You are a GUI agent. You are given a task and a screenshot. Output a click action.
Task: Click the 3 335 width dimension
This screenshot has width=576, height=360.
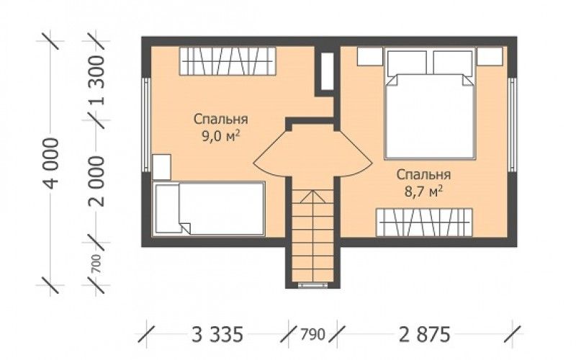[x=217, y=335]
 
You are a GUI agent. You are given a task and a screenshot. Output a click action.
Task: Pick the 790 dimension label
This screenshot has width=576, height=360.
[x=313, y=335]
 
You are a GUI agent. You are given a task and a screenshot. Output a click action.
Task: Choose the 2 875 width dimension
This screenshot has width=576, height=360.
[x=424, y=335]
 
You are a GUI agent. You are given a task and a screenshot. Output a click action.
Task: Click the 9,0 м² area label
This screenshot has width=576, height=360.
[x=220, y=137]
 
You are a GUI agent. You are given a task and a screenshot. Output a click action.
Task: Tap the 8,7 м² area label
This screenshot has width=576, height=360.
[x=423, y=192]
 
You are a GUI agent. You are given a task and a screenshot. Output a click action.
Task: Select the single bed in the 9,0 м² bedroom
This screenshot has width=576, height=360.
[x=209, y=208]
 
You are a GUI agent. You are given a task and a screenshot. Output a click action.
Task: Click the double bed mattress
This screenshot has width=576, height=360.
[x=430, y=117]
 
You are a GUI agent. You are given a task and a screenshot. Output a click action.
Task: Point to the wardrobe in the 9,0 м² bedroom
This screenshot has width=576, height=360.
[x=228, y=61]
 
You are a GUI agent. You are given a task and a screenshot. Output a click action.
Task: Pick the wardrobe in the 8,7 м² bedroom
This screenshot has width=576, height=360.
[x=424, y=222]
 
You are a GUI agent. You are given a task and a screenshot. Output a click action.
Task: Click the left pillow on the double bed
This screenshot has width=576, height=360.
[x=407, y=63]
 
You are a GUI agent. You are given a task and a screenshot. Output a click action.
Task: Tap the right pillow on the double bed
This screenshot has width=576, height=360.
[x=453, y=63]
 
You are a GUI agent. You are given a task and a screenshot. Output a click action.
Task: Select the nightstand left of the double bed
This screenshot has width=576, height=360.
[x=370, y=56]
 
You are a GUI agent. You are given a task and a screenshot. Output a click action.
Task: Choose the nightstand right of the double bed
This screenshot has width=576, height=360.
[x=490, y=56]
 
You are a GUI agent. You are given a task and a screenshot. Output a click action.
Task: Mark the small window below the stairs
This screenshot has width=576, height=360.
[x=312, y=284]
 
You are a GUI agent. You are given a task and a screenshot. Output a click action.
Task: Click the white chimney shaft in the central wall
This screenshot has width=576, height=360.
[x=326, y=71]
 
